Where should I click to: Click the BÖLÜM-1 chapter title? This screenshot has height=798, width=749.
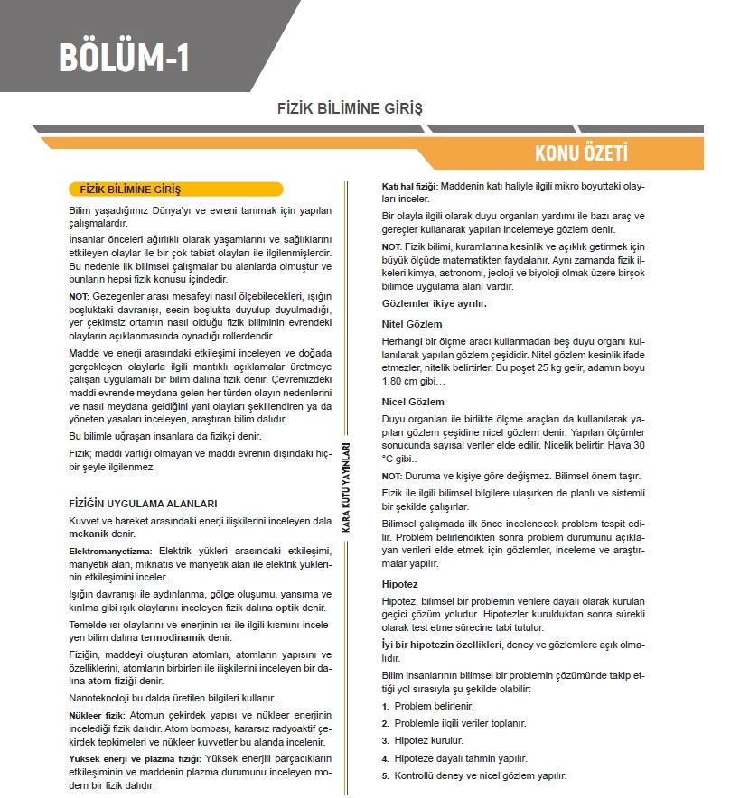[x=124, y=57]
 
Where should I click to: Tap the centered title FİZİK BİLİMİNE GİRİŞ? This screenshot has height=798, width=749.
[x=350, y=108]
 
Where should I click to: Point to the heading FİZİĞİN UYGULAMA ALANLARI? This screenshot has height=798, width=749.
[x=143, y=503]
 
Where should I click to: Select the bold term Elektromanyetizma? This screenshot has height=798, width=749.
[x=111, y=550]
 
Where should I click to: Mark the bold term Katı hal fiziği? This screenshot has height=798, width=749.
[x=409, y=185]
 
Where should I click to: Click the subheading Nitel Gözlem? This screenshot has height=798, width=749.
[x=412, y=323]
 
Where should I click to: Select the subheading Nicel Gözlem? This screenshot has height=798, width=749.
[x=413, y=402]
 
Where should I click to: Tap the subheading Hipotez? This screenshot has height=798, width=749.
[x=399, y=584]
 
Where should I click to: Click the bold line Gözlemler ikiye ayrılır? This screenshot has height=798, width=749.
[x=435, y=303]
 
